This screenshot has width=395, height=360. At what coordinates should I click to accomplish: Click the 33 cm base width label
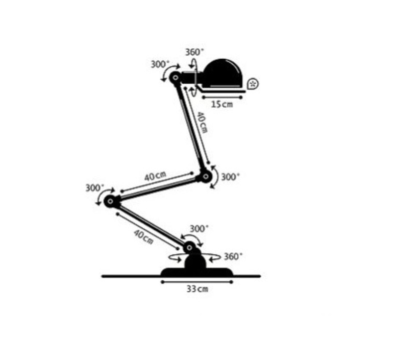pyautogui.click(x=197, y=289)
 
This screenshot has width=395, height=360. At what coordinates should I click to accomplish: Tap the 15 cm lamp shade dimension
pyautogui.click(x=221, y=104)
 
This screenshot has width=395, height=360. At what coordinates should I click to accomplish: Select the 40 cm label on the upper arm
pyautogui.click(x=202, y=123)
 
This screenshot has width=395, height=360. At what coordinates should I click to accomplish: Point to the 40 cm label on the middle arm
pyautogui.click(x=156, y=176)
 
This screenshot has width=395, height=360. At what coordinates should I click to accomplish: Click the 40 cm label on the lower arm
pyautogui.click(x=143, y=237)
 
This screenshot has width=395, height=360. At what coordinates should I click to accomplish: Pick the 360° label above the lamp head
pyautogui.click(x=194, y=52)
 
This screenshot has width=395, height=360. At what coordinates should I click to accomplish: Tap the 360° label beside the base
pyautogui.click(x=233, y=257)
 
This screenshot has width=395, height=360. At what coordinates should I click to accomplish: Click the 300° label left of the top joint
pyautogui.click(x=160, y=64)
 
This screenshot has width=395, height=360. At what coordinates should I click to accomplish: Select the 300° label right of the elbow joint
pyautogui.click(x=230, y=177)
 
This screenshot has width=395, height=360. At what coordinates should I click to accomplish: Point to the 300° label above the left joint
pyautogui.click(x=95, y=188)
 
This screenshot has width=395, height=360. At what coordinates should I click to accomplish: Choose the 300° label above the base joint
pyautogui.click(x=199, y=229)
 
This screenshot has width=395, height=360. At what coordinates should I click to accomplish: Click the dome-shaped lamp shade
pyautogui.click(x=223, y=73)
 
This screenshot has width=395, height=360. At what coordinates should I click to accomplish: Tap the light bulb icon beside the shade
pyautogui.click(x=253, y=84)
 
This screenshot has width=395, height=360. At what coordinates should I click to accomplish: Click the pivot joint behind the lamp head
pyautogui.click(x=176, y=78)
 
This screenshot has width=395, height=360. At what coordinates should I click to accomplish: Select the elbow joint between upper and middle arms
pyautogui.click(x=206, y=177)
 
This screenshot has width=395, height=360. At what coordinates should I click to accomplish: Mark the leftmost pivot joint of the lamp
pyautogui.click(x=110, y=201)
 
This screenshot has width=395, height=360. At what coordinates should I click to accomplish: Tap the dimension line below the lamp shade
pyautogui.click(x=222, y=97)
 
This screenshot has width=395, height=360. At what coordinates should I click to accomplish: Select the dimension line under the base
pyautogui.click(x=197, y=282)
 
